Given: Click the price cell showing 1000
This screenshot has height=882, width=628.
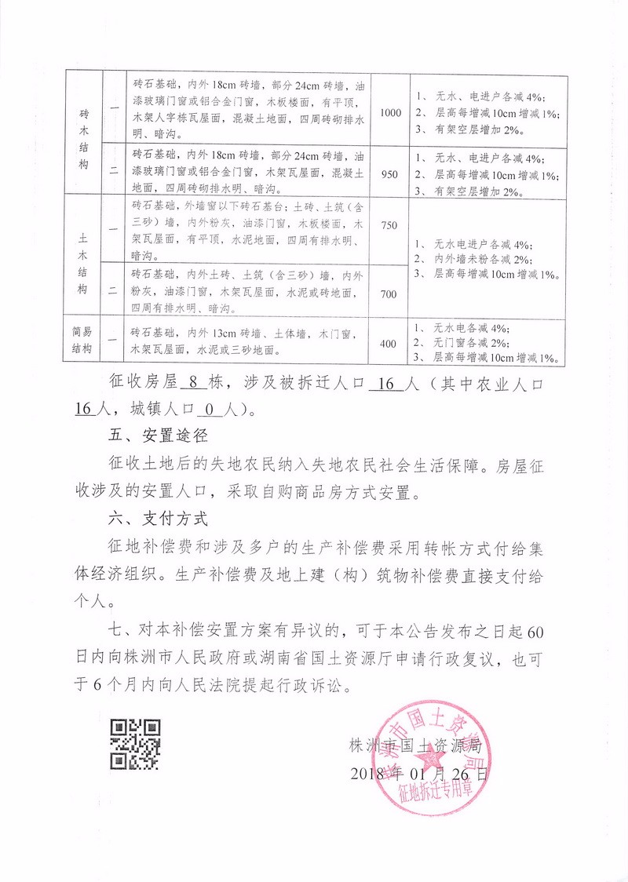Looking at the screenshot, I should [390, 113].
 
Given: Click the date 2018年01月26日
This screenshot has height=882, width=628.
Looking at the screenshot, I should [419, 774].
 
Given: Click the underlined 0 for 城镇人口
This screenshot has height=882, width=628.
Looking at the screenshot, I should [208, 408].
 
